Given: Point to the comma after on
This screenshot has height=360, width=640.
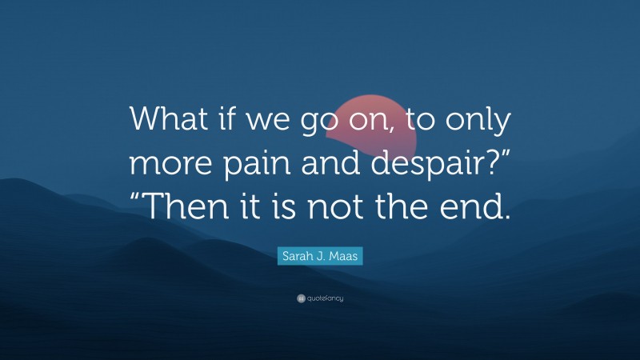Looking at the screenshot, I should tap(402, 131).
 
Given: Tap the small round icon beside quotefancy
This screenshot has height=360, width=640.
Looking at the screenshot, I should tap(301, 298).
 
